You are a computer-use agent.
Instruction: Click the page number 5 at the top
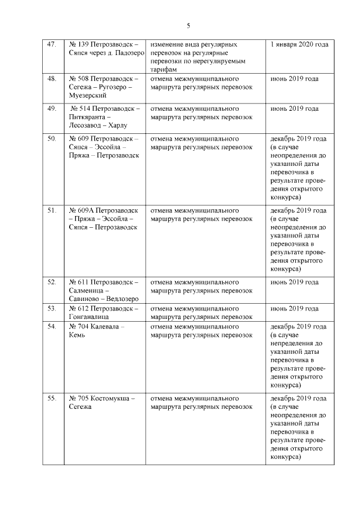coord(188,25)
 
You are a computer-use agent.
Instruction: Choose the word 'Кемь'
coord(78,335)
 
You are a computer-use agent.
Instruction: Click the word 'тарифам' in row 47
coord(163,70)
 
